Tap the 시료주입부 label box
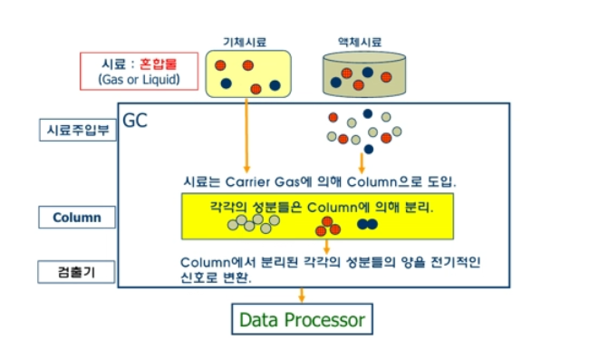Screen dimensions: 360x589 click(x=77, y=130)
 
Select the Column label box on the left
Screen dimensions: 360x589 click(x=76, y=218)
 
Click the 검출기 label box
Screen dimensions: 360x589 click(x=76, y=272)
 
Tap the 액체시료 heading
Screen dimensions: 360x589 click(x=359, y=42)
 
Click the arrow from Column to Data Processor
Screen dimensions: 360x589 click(x=302, y=296)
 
